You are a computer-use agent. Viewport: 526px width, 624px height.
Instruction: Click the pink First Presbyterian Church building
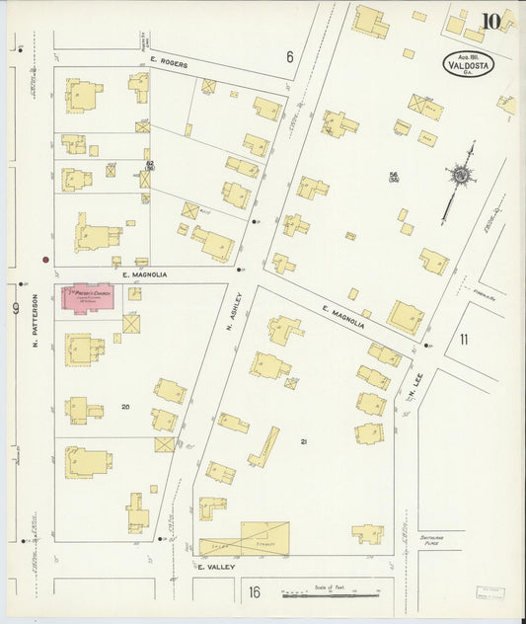click(x=89, y=298)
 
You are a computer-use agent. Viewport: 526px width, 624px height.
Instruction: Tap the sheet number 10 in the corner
click(x=490, y=21)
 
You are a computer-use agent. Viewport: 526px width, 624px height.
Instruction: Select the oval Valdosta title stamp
click(x=468, y=64)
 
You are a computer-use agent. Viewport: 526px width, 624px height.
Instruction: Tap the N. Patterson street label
click(x=34, y=321)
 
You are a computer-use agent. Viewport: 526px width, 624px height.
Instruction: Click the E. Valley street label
click(x=214, y=569)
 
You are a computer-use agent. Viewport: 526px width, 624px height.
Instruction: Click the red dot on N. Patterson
click(x=45, y=261)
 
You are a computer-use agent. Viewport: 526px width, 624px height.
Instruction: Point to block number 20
click(x=125, y=407)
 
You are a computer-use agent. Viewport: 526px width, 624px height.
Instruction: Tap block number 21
click(x=304, y=441)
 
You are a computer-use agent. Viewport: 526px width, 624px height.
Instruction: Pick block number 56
click(x=393, y=175)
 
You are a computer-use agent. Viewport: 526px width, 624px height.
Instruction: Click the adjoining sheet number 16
click(x=255, y=592)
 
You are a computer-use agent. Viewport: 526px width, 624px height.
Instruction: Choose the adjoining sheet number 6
click(x=290, y=57)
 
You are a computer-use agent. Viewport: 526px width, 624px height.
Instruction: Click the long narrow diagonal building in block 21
click(x=263, y=446)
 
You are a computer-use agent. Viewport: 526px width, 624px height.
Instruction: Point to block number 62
click(x=150, y=164)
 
